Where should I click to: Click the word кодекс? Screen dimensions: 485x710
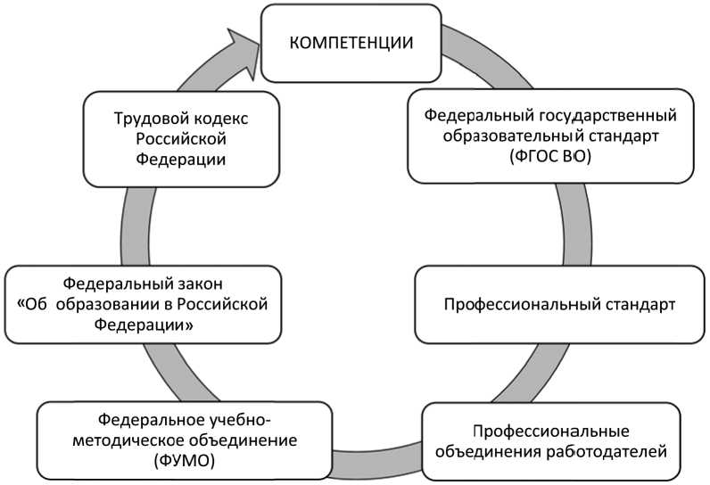tap(217, 119)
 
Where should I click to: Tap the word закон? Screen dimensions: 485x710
tap(196, 284)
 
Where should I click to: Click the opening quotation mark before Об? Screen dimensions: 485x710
tap(21, 305)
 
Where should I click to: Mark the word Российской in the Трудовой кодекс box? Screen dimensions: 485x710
tap(180, 139)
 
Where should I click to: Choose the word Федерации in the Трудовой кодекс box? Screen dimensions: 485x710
tap(180, 159)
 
